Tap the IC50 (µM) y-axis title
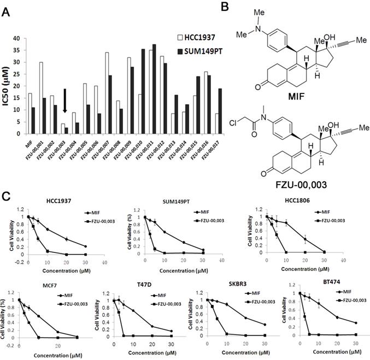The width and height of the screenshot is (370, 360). (x=7, y=87)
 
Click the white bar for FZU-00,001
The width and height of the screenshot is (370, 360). (x=40, y=98)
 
